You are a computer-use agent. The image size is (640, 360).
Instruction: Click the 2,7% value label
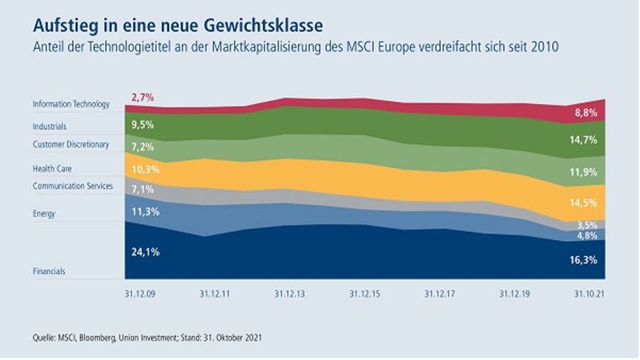click(142, 97)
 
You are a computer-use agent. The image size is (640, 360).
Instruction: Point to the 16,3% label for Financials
click(589, 260)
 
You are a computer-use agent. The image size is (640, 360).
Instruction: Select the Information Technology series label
click(71, 105)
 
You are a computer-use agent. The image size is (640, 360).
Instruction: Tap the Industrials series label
click(50, 127)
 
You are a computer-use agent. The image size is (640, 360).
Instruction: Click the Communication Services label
click(73, 186)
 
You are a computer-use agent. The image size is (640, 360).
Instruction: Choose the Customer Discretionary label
click(70, 145)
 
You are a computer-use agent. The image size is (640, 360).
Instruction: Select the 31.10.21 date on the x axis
click(589, 292)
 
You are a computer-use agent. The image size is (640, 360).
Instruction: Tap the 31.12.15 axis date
click(364, 292)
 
